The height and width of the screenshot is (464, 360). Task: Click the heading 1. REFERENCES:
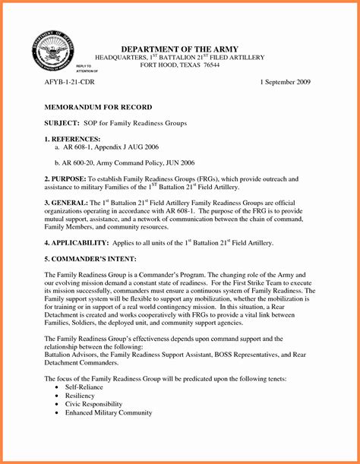coord(72,139)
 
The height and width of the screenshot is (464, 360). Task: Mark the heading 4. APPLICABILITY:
coord(76,242)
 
